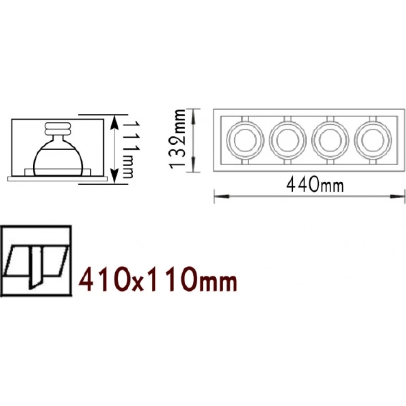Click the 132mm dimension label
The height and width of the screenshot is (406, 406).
point(177,139)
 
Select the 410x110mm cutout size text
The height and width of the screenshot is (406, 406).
point(158,279)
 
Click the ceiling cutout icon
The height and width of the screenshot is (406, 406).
point(36,261)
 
